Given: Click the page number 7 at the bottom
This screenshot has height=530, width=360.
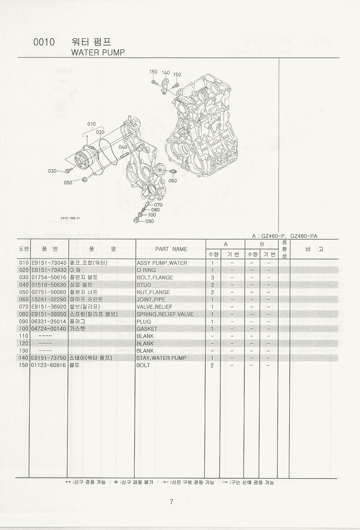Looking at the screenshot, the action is (x=171, y=502).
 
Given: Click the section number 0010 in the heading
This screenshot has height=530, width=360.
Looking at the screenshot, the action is (x=44, y=42).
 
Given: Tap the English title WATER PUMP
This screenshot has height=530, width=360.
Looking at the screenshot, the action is (x=98, y=52).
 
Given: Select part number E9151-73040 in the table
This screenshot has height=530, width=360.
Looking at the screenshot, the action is (x=49, y=263).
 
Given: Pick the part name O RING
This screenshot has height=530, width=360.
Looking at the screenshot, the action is (x=146, y=270).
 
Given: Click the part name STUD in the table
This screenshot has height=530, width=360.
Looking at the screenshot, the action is (x=144, y=285).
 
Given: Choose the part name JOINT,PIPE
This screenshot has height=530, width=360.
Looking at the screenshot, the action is (x=151, y=299).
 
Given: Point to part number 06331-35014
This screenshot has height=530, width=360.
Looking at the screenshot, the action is (x=49, y=322).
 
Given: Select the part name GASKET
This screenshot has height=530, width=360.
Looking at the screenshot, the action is (x=147, y=329).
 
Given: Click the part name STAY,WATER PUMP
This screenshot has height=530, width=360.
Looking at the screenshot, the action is (x=162, y=358).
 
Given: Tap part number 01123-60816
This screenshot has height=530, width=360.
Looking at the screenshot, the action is (x=49, y=365).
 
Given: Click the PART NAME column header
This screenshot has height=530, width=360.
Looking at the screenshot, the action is (x=171, y=249).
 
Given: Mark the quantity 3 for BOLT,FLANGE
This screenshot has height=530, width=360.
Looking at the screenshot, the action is (x=212, y=277).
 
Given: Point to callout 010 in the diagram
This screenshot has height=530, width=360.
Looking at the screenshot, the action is (x=91, y=124).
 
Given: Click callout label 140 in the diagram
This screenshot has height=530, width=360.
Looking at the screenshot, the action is (x=166, y=72).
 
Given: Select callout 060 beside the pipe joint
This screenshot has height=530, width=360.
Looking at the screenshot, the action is (x=172, y=181).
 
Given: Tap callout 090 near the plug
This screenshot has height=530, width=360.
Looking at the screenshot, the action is (x=149, y=222).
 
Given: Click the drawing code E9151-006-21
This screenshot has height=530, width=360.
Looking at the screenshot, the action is (x=70, y=218).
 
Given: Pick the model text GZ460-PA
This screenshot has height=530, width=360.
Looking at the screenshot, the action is (x=304, y=236).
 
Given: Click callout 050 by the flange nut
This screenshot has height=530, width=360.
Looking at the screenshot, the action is (x=68, y=182).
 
